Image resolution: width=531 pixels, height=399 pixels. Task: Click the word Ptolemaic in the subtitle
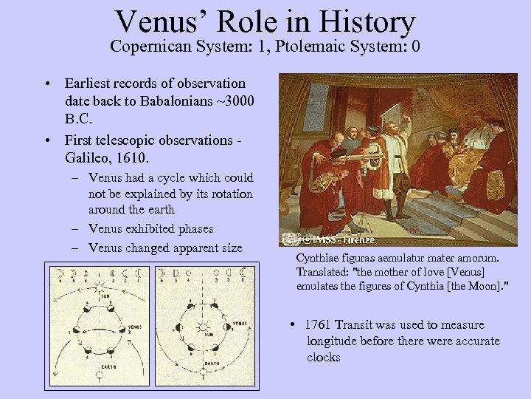pos(313,48)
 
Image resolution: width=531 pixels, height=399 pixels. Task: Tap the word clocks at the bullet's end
pos(324,358)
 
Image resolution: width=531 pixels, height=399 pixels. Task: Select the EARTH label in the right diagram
pos(210,364)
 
